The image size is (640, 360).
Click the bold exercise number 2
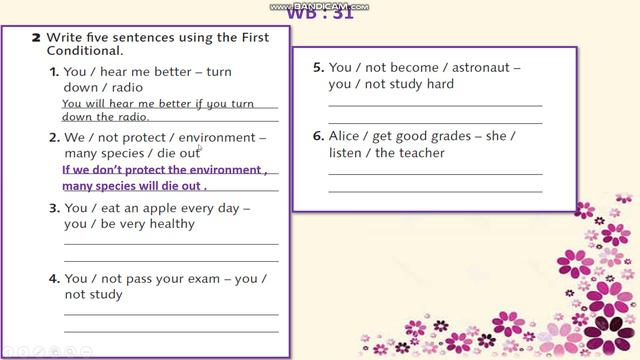pos(36,36)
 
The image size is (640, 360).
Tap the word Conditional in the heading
pos(84,50)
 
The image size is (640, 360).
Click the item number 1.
pos(54,72)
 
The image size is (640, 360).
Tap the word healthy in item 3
pos(170,223)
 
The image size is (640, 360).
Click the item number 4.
pos(54,279)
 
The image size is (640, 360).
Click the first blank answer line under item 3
pos(171,243)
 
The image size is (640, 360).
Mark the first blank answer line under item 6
pos(435,173)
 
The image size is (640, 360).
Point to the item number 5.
pos(318,67)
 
